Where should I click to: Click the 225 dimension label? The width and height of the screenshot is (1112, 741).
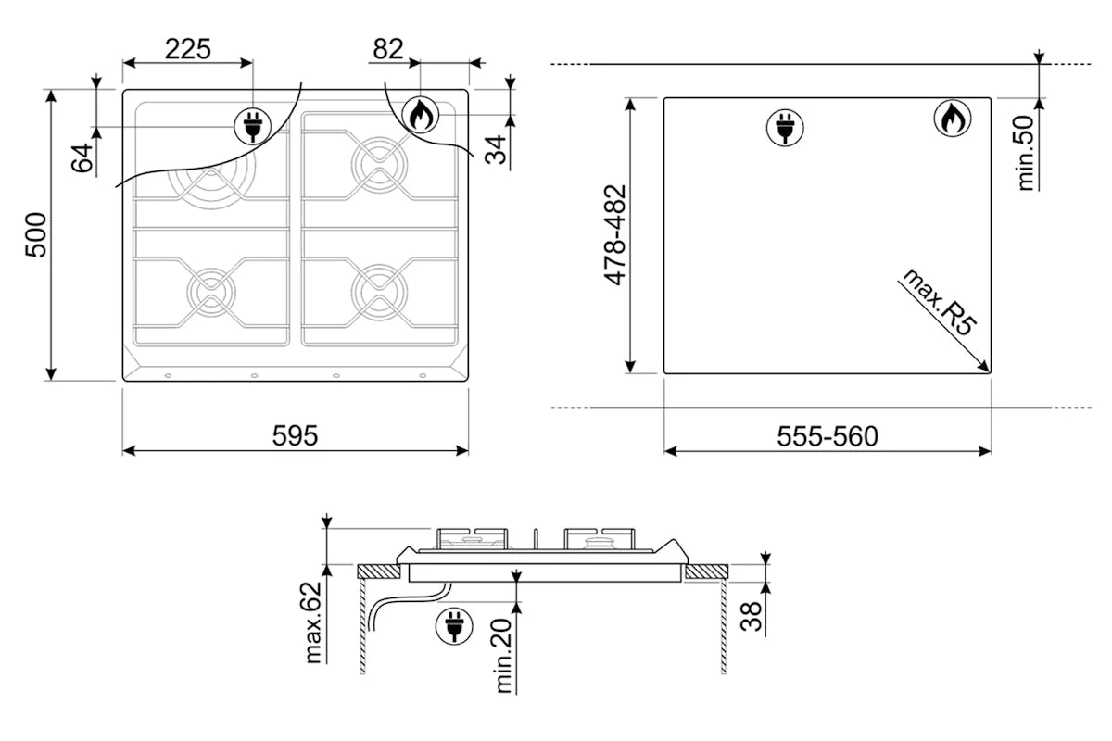tap(187, 49)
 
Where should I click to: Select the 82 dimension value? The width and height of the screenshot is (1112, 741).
tap(387, 49)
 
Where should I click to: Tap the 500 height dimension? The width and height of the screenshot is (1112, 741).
tap(36, 235)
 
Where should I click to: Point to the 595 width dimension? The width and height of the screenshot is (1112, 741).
tap(295, 435)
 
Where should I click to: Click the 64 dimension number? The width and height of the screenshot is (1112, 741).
tap(82, 157)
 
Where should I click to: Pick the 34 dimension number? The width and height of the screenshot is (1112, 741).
tap(496, 149)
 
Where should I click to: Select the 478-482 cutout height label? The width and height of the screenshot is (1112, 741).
tap(615, 235)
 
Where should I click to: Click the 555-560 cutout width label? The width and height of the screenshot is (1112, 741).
tap(828, 436)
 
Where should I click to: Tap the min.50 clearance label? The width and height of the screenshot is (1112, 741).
tap(1025, 153)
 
